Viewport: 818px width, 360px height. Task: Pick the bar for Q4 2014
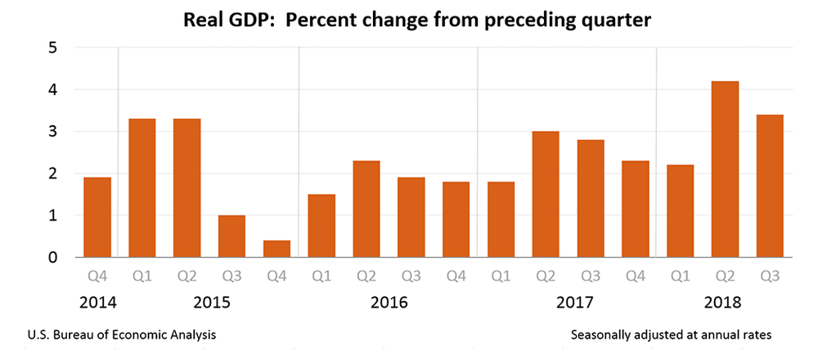[x=97, y=217]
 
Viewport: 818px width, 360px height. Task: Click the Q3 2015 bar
[x=231, y=236]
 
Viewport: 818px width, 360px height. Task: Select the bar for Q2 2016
[x=366, y=209]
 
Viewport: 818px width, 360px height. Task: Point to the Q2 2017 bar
[x=545, y=195]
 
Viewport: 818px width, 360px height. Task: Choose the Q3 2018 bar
[x=769, y=186]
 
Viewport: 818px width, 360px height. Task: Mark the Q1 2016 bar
[x=321, y=226]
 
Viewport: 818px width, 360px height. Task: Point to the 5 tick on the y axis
[x=51, y=47]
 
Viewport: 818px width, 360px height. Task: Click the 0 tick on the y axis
[x=51, y=258]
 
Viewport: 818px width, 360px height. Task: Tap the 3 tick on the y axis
[x=51, y=132]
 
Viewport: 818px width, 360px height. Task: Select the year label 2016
[x=389, y=303]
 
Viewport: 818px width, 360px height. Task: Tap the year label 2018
[x=723, y=303]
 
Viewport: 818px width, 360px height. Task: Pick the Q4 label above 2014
[x=97, y=275]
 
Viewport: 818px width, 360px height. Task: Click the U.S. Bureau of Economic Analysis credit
[x=122, y=335]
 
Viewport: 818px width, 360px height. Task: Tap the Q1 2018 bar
[x=679, y=211]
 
